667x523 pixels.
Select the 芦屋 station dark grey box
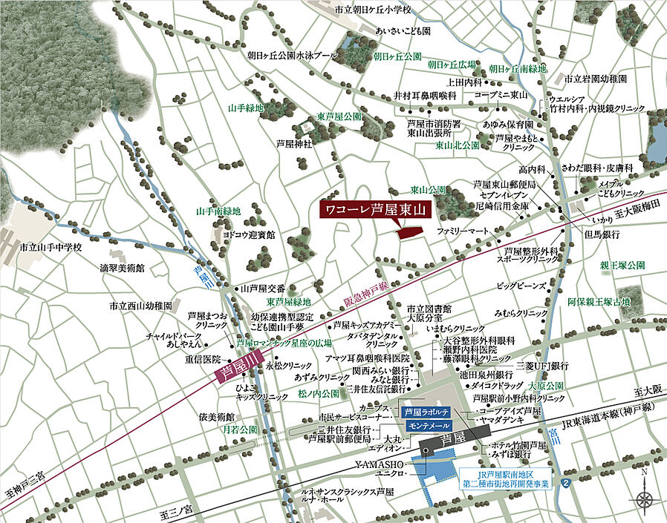point(448,445)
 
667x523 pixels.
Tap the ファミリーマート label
point(463,232)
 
